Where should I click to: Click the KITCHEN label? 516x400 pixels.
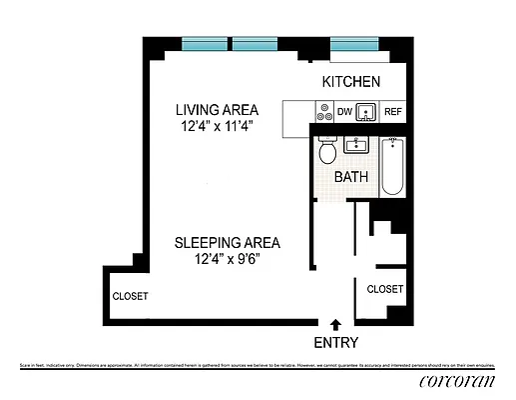tap(350, 81)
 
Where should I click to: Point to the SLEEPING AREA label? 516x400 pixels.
tap(227, 242)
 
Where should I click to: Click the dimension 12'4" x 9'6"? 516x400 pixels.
tap(227, 259)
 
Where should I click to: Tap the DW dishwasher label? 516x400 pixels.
tap(343, 112)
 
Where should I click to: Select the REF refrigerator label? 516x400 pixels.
tap(393, 112)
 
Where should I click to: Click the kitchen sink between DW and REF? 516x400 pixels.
tap(367, 112)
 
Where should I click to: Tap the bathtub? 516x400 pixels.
tap(392, 165)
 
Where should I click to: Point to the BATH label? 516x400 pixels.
tap(351, 177)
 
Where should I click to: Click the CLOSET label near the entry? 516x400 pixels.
tap(385, 289)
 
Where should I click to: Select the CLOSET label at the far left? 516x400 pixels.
tap(130, 296)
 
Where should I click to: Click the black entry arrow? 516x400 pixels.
tap(335, 324)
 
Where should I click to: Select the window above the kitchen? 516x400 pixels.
tap(353, 44)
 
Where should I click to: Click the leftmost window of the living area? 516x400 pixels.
tap(205, 44)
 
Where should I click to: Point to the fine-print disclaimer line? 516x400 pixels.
tap(258, 366)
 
